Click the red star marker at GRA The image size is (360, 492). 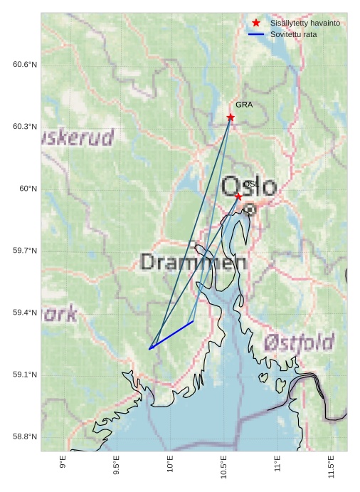pyautogui.click(x=231, y=117)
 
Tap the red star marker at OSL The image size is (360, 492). pyautogui.click(x=238, y=196)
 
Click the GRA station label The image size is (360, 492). pyautogui.click(x=244, y=105)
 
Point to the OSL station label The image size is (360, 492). pyautogui.click(x=250, y=184)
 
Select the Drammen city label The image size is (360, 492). pyautogui.click(x=194, y=262)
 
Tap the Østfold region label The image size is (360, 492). pyautogui.click(x=299, y=342)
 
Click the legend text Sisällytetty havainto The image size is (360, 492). pyautogui.click(x=305, y=23)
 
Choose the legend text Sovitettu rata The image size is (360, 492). pyautogui.click(x=293, y=34)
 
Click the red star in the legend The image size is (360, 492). pyautogui.click(x=256, y=23)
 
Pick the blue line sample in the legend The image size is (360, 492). pyautogui.click(x=256, y=34)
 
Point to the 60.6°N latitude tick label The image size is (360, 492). pyautogui.click(x=25, y=65)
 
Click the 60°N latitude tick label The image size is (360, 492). pyautogui.click(x=28, y=189)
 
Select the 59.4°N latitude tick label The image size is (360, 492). pyautogui.click(x=25, y=313)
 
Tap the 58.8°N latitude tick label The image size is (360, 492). pyautogui.click(x=25, y=436)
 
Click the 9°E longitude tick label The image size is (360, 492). pyautogui.click(x=63, y=462)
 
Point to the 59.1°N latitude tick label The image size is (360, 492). pyautogui.click(x=25, y=375)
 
